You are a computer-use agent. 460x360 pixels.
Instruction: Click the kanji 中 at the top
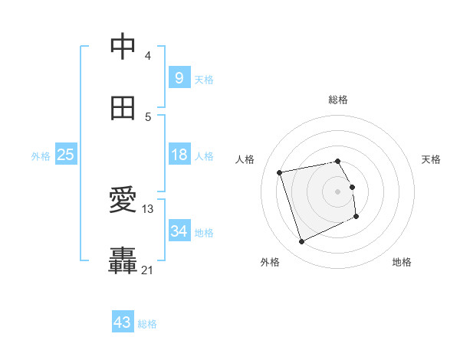[123, 47]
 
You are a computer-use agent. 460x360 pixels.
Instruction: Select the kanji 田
[123, 109]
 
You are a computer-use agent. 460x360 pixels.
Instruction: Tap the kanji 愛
[123, 201]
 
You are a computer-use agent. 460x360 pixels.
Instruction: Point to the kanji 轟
[123, 261]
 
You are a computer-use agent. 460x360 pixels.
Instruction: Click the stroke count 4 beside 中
[148, 56]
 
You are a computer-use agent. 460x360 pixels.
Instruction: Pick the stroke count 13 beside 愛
[148, 208]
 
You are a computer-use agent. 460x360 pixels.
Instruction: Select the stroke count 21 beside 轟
[148, 270]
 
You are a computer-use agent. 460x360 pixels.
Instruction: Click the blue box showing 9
[179, 78]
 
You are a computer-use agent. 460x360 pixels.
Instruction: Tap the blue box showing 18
[179, 155]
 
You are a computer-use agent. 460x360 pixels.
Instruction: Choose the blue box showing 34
[179, 231]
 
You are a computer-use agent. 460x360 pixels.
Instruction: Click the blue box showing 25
[65, 155]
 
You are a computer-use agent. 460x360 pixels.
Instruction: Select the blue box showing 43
[123, 322]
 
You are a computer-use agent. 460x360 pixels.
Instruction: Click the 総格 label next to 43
[148, 324]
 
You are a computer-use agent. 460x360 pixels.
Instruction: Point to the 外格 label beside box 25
[41, 155]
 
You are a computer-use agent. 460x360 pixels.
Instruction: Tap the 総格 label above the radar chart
[338, 100]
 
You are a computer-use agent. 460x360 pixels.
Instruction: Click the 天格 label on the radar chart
[431, 159]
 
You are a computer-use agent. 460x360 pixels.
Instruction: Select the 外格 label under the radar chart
[270, 262]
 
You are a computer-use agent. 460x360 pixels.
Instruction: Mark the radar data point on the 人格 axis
[280, 172]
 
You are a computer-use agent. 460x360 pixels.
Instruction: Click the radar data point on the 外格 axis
[301, 242]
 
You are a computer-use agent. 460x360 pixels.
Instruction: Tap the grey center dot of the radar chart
[338, 191]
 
